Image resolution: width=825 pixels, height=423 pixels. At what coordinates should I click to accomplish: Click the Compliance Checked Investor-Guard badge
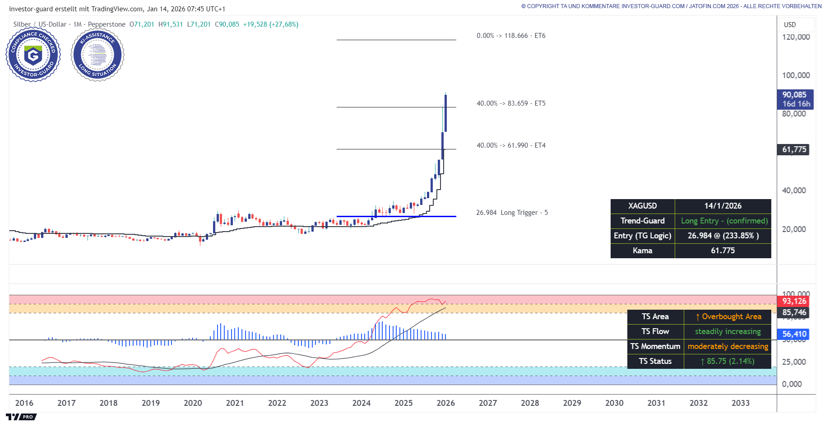(x=33, y=55)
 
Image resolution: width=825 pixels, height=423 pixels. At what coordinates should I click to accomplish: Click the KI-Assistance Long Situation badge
(x=97, y=55)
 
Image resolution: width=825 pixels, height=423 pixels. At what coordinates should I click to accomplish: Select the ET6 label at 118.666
(x=511, y=36)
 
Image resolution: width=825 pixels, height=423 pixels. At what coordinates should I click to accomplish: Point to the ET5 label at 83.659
(x=511, y=103)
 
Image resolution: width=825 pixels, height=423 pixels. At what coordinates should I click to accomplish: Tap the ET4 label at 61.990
(x=511, y=145)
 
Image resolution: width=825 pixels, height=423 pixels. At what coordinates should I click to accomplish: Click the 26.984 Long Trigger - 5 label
(x=512, y=213)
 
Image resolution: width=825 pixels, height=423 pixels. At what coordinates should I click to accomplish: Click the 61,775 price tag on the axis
(x=794, y=149)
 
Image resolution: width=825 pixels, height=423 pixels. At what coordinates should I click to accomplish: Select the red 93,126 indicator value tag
(x=794, y=301)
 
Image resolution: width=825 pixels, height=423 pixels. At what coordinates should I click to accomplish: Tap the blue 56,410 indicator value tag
(x=794, y=334)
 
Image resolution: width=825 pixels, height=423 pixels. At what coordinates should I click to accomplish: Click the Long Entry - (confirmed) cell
(x=723, y=221)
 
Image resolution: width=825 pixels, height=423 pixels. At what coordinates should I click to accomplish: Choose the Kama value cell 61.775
(x=723, y=251)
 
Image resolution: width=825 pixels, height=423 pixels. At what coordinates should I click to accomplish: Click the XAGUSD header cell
(x=642, y=206)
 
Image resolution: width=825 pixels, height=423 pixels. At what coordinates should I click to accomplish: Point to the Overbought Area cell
(x=728, y=316)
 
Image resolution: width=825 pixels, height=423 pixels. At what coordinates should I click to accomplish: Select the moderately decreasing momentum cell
(x=728, y=346)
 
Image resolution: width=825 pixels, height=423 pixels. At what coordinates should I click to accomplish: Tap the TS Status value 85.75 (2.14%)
(x=727, y=361)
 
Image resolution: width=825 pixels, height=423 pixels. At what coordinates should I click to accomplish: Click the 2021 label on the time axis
(x=235, y=403)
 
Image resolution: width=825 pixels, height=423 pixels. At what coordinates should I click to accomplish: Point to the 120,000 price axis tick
(x=796, y=37)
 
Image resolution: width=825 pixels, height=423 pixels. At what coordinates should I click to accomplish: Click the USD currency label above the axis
(x=790, y=25)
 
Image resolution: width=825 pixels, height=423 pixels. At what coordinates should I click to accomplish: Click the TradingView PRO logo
(x=21, y=417)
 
